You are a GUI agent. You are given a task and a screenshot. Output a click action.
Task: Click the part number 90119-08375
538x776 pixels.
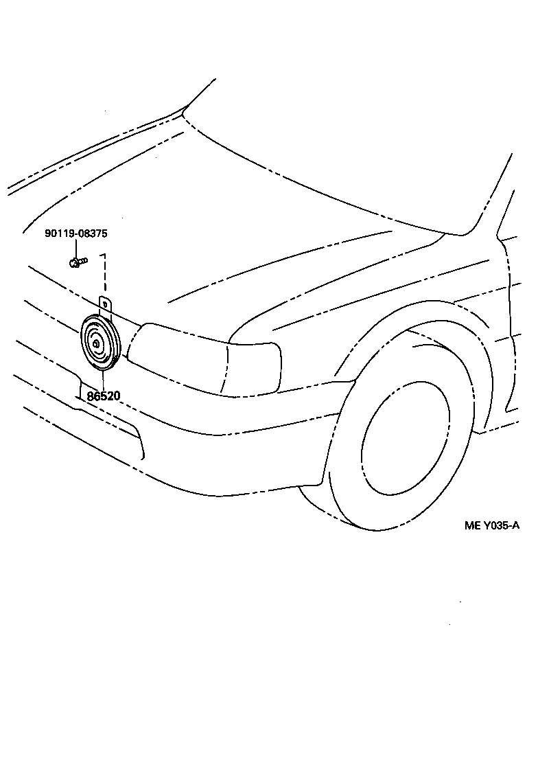pos(76,233)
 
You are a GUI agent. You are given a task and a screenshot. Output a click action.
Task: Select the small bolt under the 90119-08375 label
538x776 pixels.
pos(76,261)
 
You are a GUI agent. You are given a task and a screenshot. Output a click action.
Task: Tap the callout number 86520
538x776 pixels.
pos(104,396)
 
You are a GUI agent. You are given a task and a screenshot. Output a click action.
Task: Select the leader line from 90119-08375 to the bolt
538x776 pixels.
pos(76,248)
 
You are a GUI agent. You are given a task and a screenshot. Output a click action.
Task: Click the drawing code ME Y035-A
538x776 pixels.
pos(492,526)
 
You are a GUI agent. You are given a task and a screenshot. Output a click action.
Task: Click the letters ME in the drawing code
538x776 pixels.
pos(472,526)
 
